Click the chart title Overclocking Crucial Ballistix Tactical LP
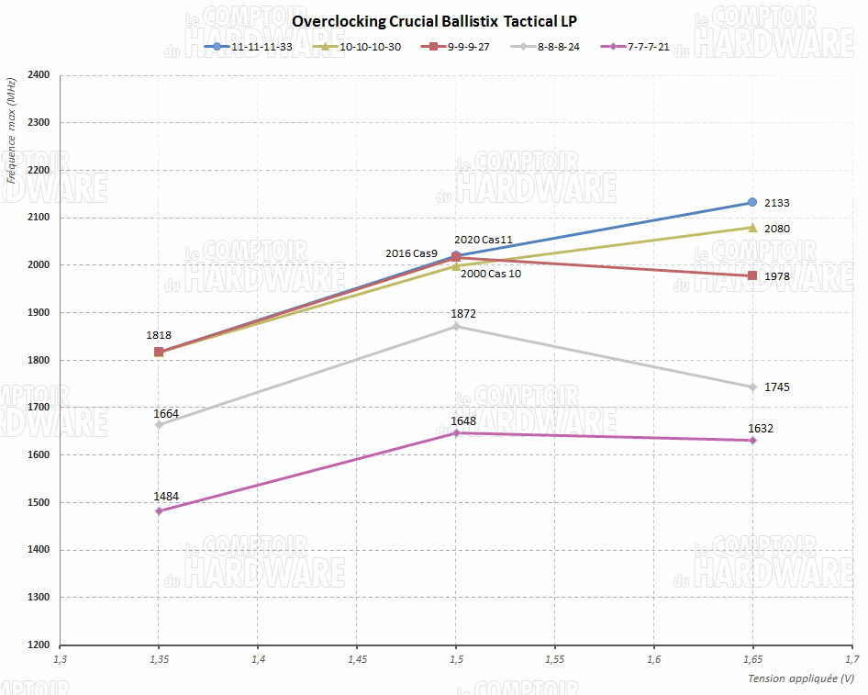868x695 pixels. [434, 20]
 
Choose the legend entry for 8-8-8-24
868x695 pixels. [547, 46]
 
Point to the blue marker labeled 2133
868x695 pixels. [752, 202]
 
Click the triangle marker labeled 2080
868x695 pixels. [752, 228]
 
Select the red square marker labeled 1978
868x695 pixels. [752, 275]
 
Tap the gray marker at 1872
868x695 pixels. [456, 326]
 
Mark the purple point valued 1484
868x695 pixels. [159, 510]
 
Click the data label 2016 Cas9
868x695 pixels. [412, 252]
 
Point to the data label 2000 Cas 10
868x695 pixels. [491, 274]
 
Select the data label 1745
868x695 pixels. [776, 387]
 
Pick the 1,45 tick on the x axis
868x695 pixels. [357, 659]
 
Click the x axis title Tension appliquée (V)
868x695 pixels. [801, 678]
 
